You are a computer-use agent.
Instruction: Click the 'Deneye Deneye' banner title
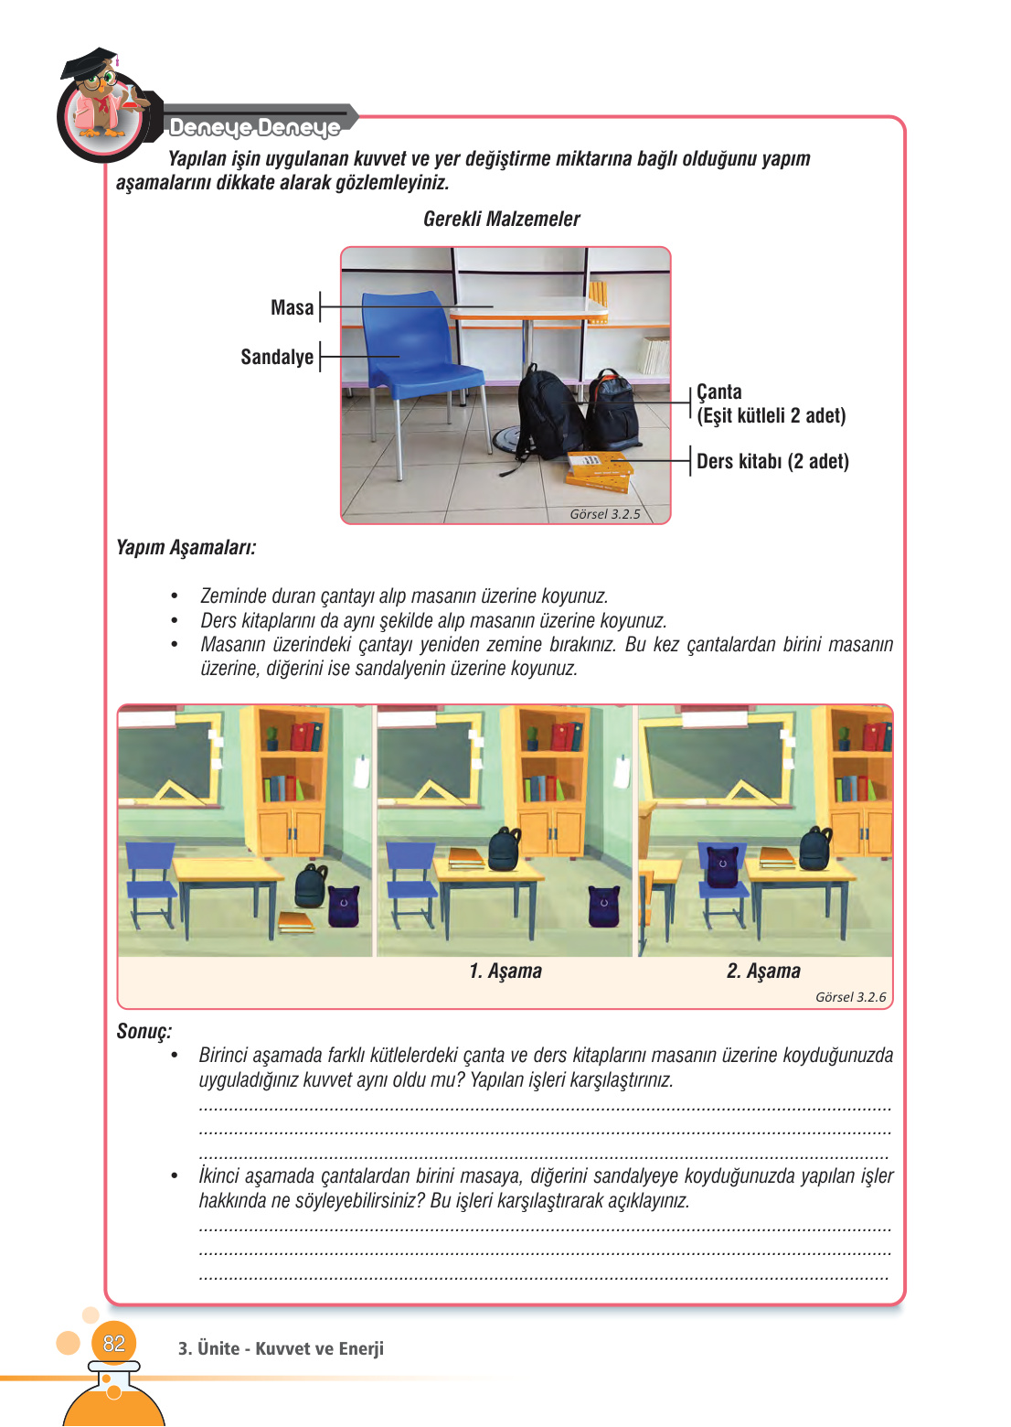[x=254, y=127]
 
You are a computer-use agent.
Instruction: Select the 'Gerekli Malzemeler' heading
[x=501, y=220]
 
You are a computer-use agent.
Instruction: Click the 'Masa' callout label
[x=292, y=308]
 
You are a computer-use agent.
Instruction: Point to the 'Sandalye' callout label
[x=277, y=358]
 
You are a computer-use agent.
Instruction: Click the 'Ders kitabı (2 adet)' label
[x=772, y=462]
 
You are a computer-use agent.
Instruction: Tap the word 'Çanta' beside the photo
[x=719, y=392]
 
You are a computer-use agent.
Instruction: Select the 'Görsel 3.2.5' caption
[x=604, y=514]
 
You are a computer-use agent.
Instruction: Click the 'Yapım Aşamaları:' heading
[x=186, y=548]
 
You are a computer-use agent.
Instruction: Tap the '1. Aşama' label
[x=505, y=971]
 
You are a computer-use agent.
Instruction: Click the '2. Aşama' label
[x=763, y=971]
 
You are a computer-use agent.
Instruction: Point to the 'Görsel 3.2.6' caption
[x=850, y=997]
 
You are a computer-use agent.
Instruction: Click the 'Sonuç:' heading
[x=144, y=1032]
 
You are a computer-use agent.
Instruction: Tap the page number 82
[x=113, y=1344]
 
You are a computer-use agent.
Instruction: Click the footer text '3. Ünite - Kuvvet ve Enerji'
[x=281, y=1348]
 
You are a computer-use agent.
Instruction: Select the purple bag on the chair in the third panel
[x=722, y=865]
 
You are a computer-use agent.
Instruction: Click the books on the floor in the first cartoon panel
[x=295, y=922]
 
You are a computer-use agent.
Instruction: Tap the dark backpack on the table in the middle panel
[x=504, y=849]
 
